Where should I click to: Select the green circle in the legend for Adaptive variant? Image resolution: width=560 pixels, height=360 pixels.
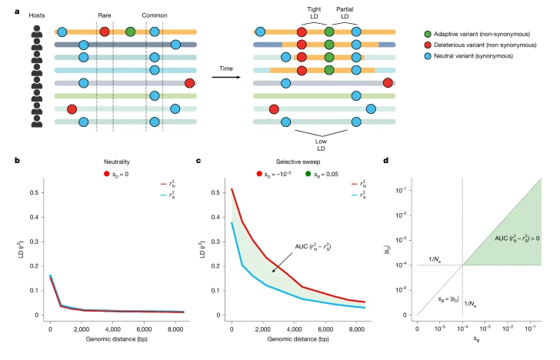428,35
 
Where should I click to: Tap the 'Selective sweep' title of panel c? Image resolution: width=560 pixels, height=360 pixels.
296,162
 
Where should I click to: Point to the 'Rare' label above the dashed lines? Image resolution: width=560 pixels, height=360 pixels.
105,15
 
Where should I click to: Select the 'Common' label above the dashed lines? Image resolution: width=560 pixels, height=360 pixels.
155,15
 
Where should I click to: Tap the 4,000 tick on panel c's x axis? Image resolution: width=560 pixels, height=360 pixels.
316,325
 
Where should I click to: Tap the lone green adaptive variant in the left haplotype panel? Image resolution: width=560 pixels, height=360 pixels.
130,32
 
